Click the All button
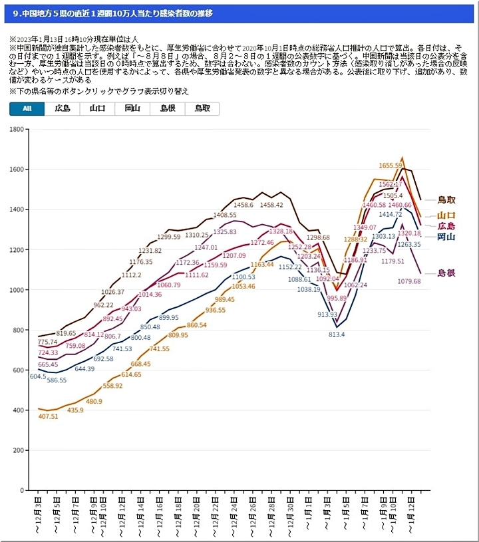[x=27, y=109]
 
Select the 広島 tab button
[x=62, y=109]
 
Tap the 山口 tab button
[x=97, y=109]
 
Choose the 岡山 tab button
[x=132, y=109]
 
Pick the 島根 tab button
[x=167, y=109]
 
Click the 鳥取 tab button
[x=202, y=109]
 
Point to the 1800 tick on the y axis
[x=15, y=129]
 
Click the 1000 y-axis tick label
[x=15, y=290]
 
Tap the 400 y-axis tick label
[x=17, y=410]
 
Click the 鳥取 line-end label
[x=446, y=200]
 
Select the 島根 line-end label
[x=446, y=273]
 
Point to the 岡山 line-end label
[x=446, y=237]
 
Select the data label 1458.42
[x=271, y=205]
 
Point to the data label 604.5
[x=38, y=376]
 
